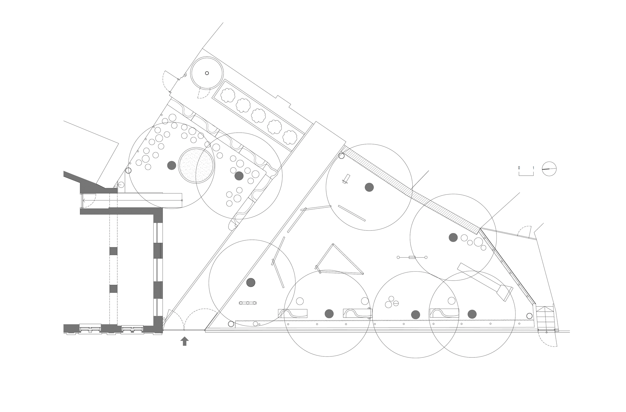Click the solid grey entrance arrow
[184, 341]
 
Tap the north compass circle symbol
[549, 169]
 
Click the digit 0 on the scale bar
[519, 168]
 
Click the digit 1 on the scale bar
[533, 168]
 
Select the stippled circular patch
[196, 165]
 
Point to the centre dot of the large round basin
[207, 73]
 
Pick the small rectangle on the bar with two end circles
[412, 257]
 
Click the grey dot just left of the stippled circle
[172, 165]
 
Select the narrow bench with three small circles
[247, 303]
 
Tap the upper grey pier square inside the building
[113, 251]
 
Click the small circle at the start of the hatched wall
[341, 156]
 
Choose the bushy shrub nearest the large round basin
[228, 95]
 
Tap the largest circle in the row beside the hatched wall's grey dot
[478, 242]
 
